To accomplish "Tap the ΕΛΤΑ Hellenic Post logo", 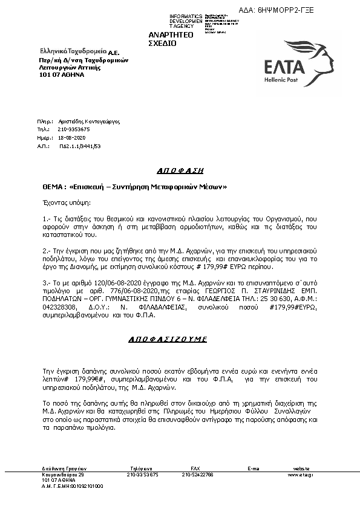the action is coord(294,63).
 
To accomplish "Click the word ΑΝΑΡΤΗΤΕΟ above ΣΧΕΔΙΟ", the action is coord(171,36).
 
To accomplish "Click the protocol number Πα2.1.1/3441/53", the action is coord(80,146).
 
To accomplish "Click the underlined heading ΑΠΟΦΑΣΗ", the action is coord(180,170).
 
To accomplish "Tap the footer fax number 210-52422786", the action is coord(197,475).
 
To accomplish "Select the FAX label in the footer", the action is coord(195,468).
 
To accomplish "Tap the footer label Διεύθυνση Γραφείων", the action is coord(59,468).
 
